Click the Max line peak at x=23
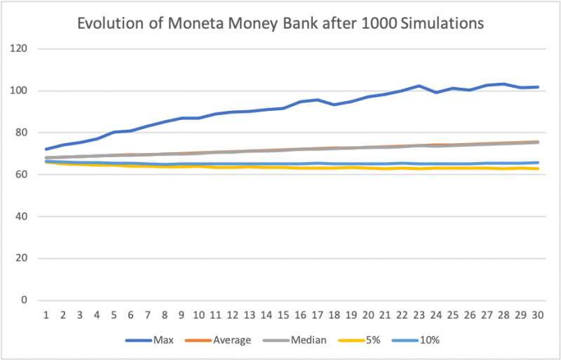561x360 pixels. click(x=419, y=86)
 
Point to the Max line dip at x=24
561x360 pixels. click(x=437, y=92)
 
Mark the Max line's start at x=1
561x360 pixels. click(x=46, y=149)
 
